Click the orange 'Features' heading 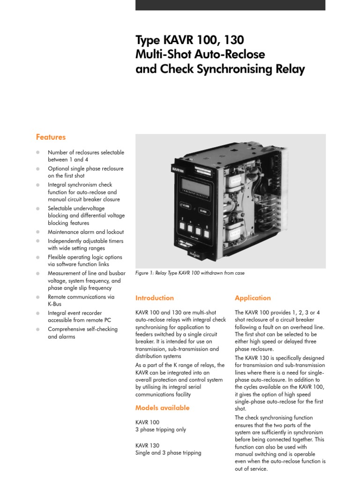tap(51, 137)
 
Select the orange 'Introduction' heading tap(154, 298)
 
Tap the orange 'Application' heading tap(253, 298)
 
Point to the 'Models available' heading tap(162, 408)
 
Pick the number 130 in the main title tap(232, 39)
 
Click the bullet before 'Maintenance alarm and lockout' tap(38, 232)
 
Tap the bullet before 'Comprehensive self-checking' tap(38, 330)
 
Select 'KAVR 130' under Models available tap(147, 445)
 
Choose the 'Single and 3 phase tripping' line tap(168, 453)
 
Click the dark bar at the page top tap(230, 5)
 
